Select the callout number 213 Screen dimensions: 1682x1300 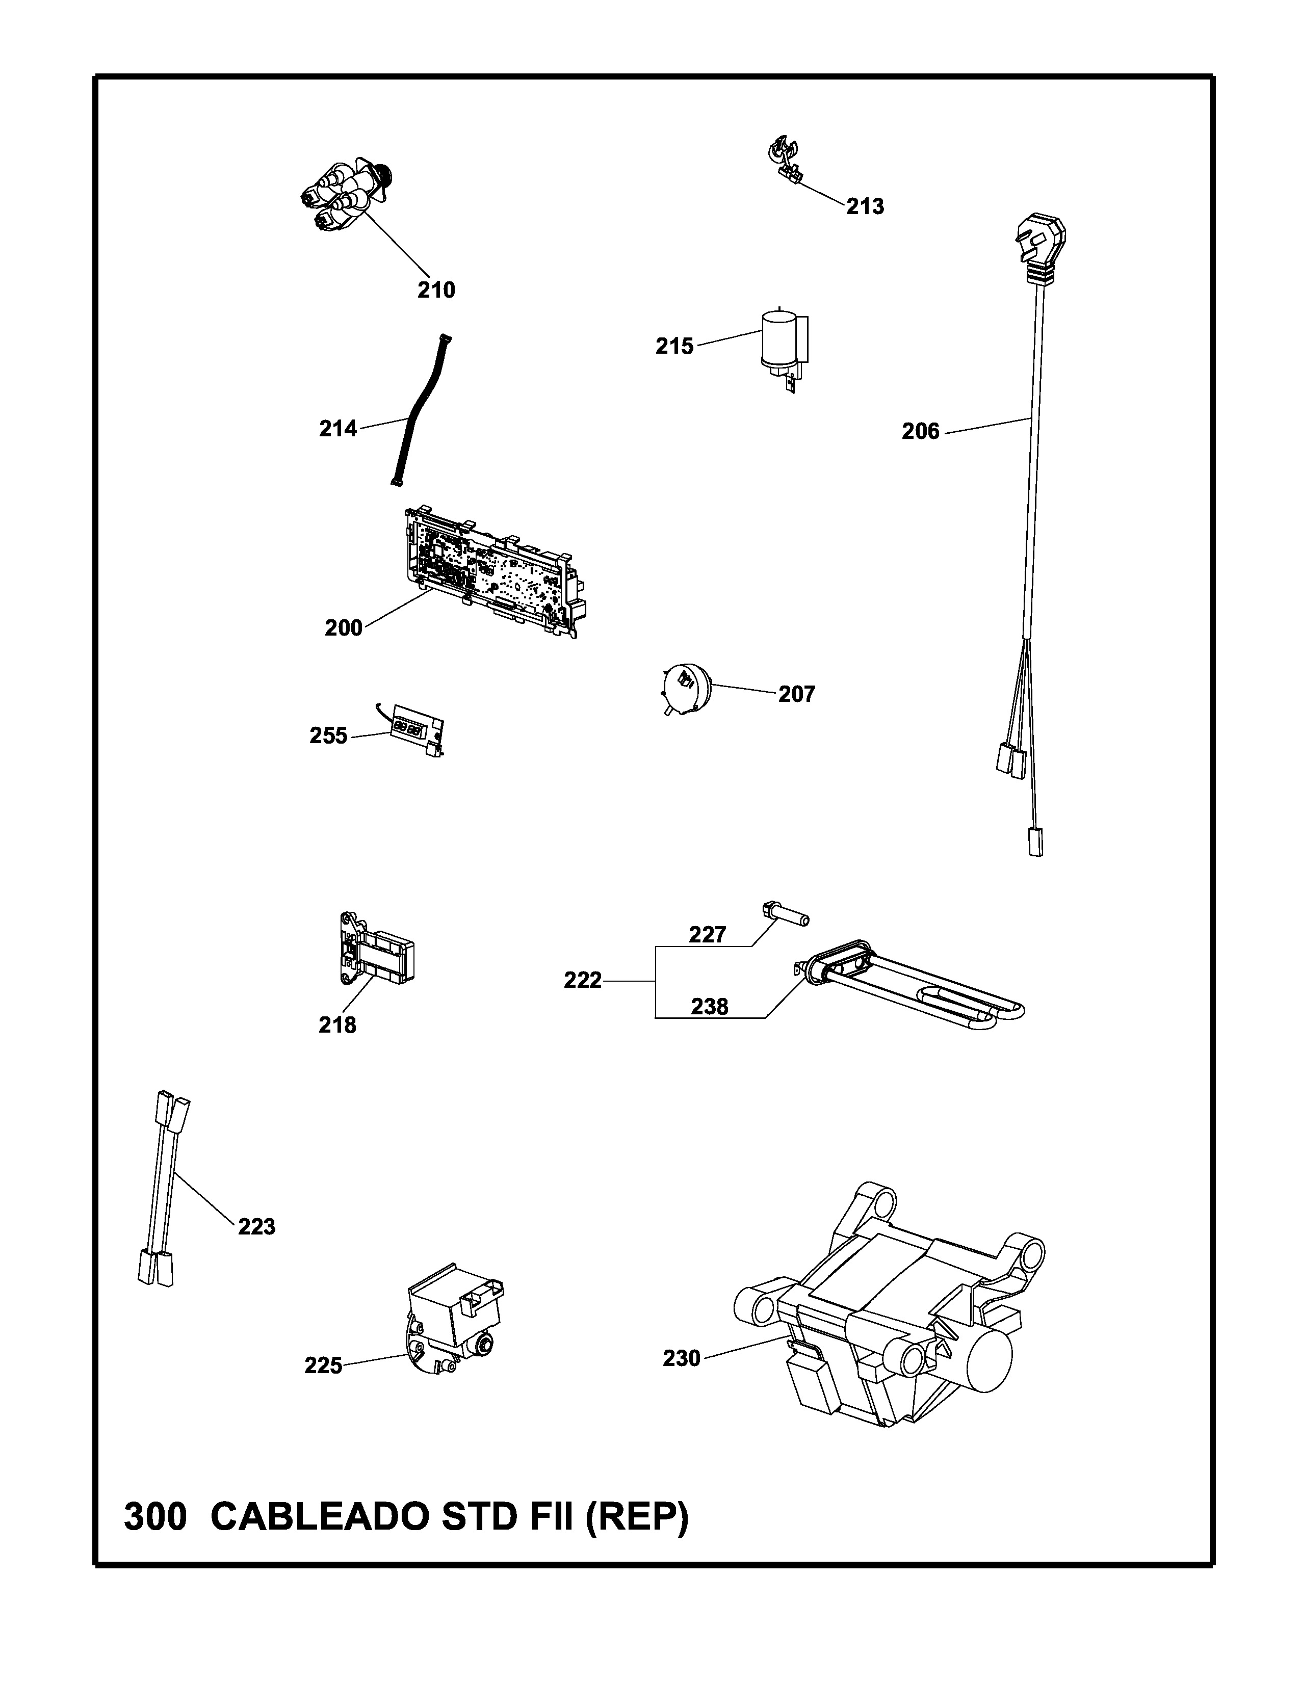(865, 206)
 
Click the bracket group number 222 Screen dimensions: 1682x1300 (582, 980)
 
